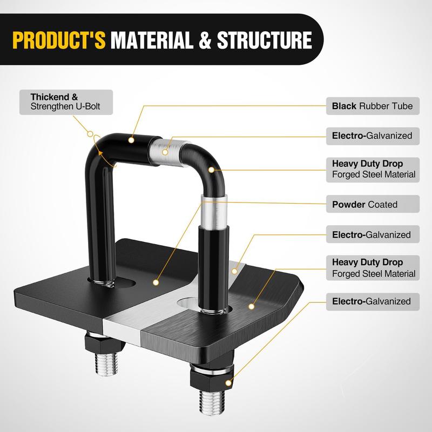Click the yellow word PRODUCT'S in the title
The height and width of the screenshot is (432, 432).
60,40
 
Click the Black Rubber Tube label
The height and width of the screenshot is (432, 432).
372,106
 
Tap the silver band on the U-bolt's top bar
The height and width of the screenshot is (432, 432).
169,146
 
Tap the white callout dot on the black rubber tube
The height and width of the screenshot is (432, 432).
131,139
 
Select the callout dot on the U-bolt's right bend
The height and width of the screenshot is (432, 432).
212,170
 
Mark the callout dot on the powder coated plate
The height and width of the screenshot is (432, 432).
156,282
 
